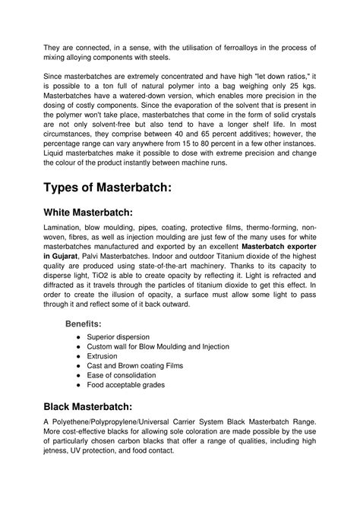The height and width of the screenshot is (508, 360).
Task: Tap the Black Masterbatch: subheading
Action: pyautogui.click(x=90, y=405)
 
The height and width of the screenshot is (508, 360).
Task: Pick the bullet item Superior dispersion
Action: pyautogui.click(x=118, y=336)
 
